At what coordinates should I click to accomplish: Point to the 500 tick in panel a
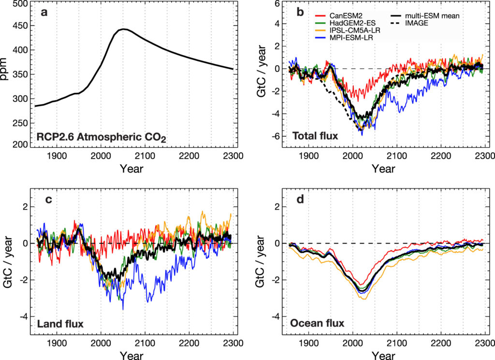(x=22, y=4)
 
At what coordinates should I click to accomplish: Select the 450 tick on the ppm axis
(x=22, y=28)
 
